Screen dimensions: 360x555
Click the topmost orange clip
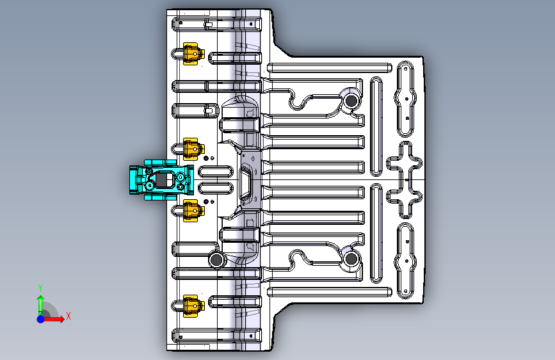pyautogui.click(x=191, y=54)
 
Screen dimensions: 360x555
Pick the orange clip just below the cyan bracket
pyautogui.click(x=191, y=209)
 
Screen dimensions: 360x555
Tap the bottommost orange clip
pyautogui.click(x=191, y=306)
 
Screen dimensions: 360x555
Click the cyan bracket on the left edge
pyautogui.click(x=160, y=180)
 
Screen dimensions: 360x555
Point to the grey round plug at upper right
pyautogui.click(x=351, y=101)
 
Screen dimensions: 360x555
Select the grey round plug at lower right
pyautogui.click(x=351, y=259)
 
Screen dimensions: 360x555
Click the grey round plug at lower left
pyautogui.click(x=217, y=259)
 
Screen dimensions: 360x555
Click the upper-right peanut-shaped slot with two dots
pyautogui.click(x=406, y=99)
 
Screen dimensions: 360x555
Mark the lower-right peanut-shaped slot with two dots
pyautogui.click(x=406, y=260)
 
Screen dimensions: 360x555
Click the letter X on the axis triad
pyautogui.click(x=68, y=316)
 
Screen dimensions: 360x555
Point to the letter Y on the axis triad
pyautogui.click(x=40, y=288)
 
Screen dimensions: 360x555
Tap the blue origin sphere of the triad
pyautogui.click(x=40, y=318)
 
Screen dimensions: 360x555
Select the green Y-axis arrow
pyautogui.click(x=40, y=302)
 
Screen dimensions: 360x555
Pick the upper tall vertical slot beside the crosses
pyautogui.click(x=377, y=126)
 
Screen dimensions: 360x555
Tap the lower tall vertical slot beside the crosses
pyautogui.click(x=377, y=233)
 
